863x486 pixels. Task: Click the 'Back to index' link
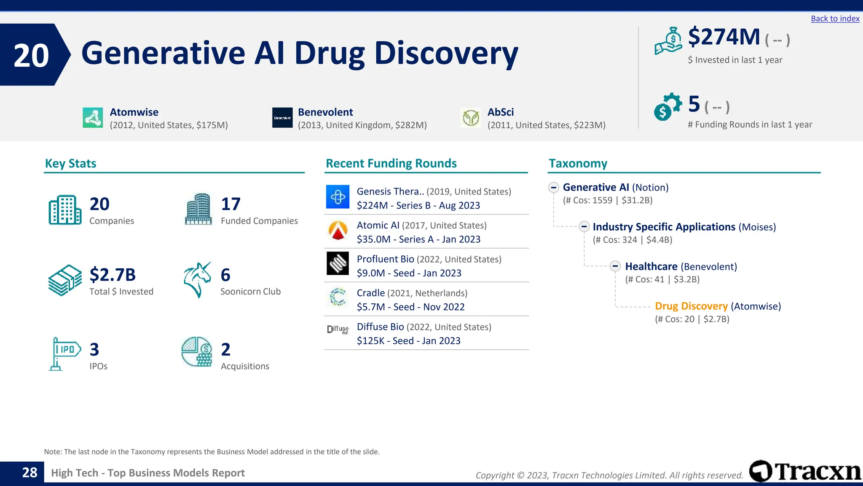[835, 19]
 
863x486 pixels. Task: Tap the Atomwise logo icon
[93, 118]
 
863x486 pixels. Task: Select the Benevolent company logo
[282, 118]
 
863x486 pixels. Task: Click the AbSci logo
[471, 118]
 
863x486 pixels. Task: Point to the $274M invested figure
[724, 37]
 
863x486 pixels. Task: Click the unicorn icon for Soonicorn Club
[197, 280]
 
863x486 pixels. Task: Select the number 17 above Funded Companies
[230, 204]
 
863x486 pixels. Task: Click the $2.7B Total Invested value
[113, 275]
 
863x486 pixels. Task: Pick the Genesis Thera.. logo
[338, 197]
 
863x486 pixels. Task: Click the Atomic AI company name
[378, 225]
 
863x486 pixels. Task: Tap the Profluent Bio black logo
[338, 263]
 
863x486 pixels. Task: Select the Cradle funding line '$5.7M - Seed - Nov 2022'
[410, 307]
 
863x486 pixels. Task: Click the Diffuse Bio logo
[338, 329]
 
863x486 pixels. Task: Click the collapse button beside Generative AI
[554, 187]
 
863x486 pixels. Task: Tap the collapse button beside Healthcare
[615, 266]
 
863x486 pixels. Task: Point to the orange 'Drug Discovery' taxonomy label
[691, 306]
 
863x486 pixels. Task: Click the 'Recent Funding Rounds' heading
[391, 163]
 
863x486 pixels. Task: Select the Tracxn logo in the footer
[805, 471]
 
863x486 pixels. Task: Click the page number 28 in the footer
[29, 472]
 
